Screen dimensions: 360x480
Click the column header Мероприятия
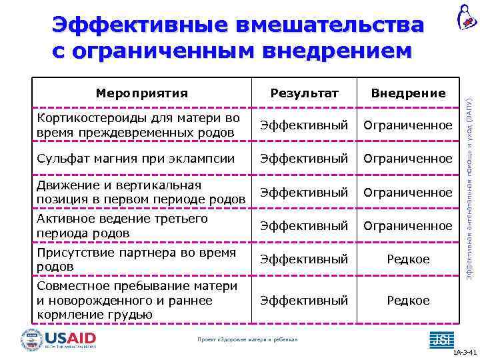141,93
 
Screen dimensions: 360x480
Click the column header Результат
304,93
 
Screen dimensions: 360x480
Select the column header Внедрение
408,93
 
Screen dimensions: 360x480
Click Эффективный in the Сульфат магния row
304,159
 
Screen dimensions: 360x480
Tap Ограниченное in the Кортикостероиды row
407,125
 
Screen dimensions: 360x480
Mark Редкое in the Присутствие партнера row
408,259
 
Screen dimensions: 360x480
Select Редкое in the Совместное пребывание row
408,301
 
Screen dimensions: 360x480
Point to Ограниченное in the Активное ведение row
407,226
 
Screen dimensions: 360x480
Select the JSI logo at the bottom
441,339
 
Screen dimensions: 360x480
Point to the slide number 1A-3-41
464,352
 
